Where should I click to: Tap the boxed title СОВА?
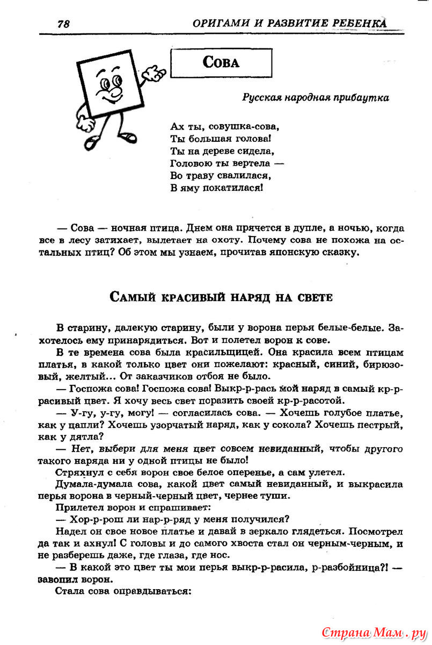coord(221,62)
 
